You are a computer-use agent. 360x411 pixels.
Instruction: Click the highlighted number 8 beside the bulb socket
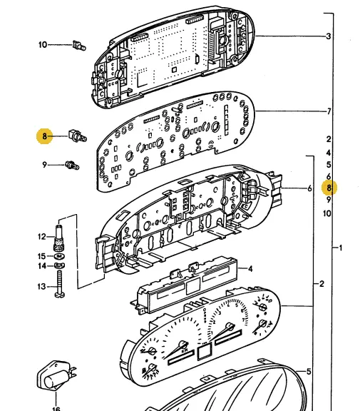click(x=44, y=136)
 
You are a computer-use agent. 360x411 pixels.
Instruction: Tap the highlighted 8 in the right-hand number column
click(x=329, y=188)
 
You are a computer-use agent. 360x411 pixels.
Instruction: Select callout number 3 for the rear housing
click(x=329, y=36)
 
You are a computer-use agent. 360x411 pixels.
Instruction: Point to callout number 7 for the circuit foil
click(x=329, y=111)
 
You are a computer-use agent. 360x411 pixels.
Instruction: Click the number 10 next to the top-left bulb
click(x=43, y=45)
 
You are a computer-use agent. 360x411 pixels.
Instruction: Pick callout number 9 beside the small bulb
click(x=44, y=165)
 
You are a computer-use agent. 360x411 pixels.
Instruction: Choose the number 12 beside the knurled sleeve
click(x=42, y=237)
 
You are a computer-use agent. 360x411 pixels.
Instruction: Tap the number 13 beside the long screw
click(x=41, y=287)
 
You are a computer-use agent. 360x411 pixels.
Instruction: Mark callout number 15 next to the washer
click(x=41, y=256)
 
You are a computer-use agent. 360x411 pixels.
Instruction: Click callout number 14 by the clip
click(x=42, y=266)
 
